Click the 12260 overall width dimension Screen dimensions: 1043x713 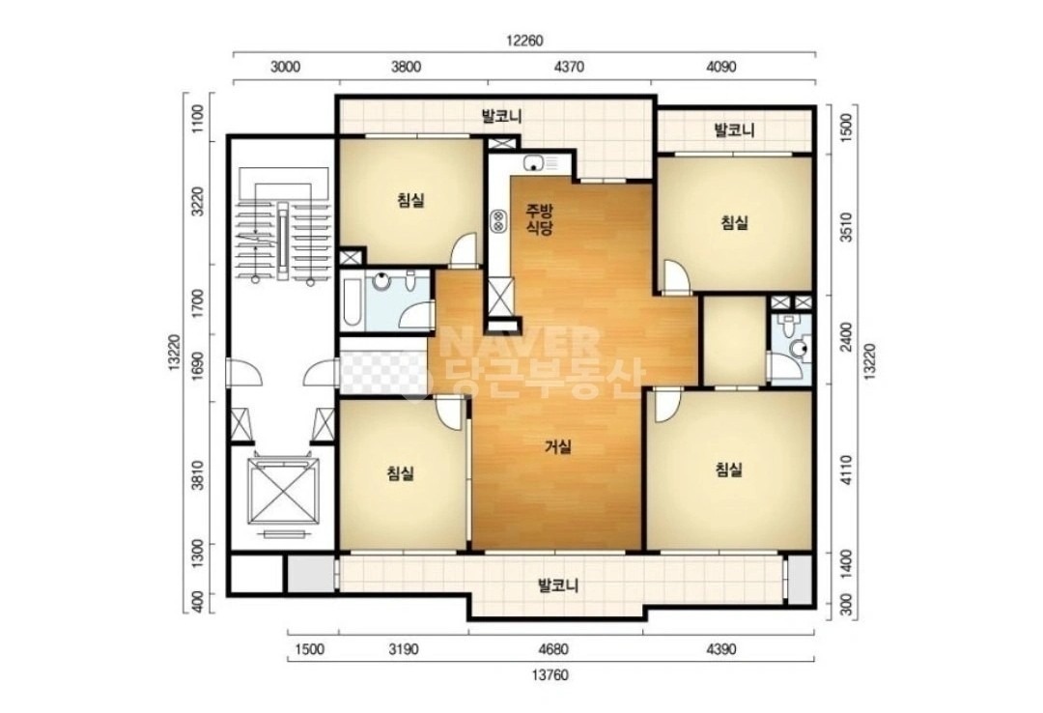pyautogui.click(x=524, y=41)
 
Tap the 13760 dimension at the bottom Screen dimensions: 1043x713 pyautogui.click(x=550, y=675)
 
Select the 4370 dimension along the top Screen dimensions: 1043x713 pyautogui.click(x=570, y=67)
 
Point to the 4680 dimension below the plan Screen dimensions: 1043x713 pyautogui.click(x=554, y=649)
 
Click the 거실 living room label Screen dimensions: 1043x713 pyautogui.click(x=558, y=447)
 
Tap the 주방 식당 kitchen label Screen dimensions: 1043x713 pyautogui.click(x=540, y=219)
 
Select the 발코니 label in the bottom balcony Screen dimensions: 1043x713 pyautogui.click(x=558, y=585)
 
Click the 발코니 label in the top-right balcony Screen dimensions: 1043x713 pyautogui.click(x=734, y=129)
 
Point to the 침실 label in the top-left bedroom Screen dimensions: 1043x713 pyautogui.click(x=410, y=199)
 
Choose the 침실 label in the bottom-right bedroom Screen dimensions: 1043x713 pyautogui.click(x=728, y=470)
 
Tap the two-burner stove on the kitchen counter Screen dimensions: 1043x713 pyautogui.click(x=497, y=221)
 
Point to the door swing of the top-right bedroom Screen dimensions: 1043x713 pyautogui.click(x=677, y=277)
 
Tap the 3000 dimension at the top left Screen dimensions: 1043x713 pyautogui.click(x=286, y=67)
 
